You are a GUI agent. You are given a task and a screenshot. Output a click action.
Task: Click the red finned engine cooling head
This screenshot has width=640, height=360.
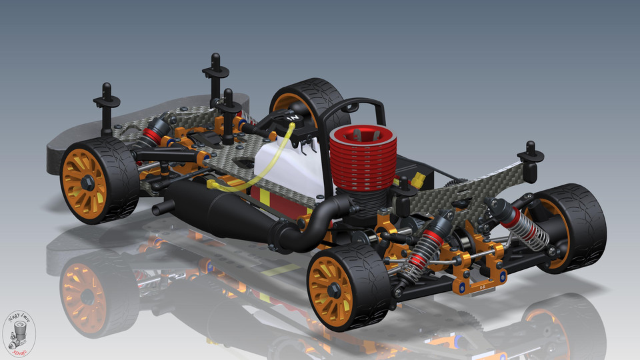364,160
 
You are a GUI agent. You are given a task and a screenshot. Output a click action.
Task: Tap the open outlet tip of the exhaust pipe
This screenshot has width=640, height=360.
157,209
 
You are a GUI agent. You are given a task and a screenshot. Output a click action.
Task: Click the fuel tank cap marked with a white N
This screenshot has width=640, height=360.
292,118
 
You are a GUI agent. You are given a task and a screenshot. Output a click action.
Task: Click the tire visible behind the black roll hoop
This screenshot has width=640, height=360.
307,100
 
